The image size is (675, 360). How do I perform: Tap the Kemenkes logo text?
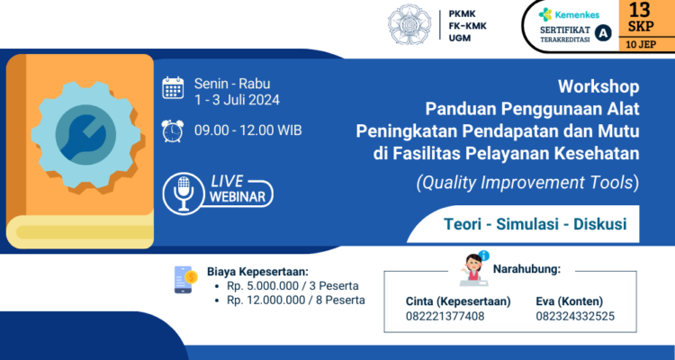pyautogui.click(x=577, y=14)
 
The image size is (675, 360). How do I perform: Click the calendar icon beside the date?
pyautogui.click(x=173, y=87)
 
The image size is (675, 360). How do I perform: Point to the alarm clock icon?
pyautogui.click(x=173, y=130)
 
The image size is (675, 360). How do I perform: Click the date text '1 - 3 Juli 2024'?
pyautogui.click(x=238, y=100)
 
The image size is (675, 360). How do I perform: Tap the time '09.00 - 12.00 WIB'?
pyautogui.click(x=248, y=130)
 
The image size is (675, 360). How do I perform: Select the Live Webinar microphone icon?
pyautogui.click(x=184, y=192)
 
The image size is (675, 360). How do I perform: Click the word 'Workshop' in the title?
pyautogui.click(x=598, y=88)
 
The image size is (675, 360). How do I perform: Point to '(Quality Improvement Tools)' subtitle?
pyautogui.click(x=527, y=183)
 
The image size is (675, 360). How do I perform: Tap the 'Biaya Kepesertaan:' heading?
pyautogui.click(x=256, y=270)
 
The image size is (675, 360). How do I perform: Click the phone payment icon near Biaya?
pyautogui.click(x=184, y=280)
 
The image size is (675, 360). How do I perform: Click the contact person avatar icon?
pyautogui.click(x=474, y=266)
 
